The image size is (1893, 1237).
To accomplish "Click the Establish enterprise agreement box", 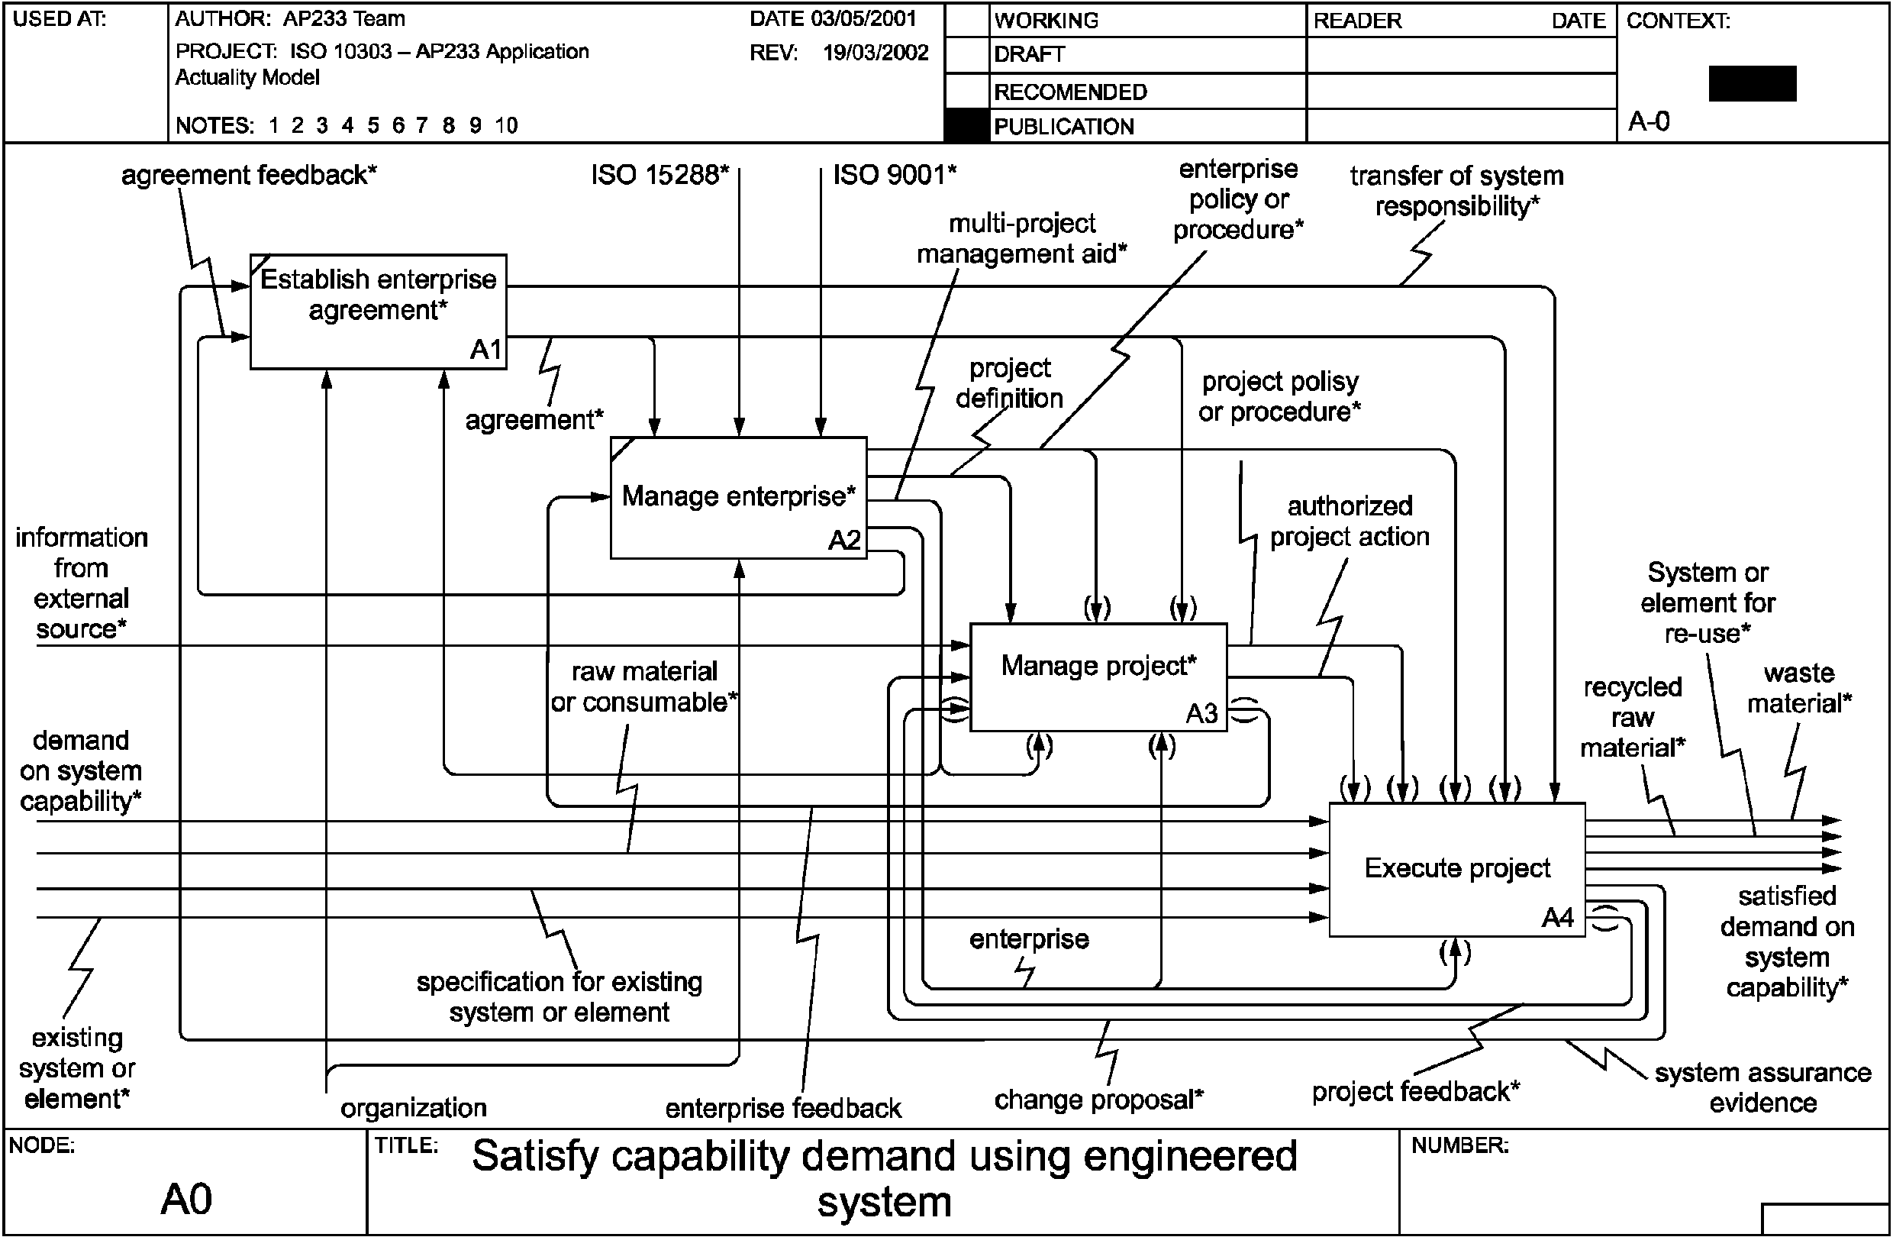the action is click(379, 311).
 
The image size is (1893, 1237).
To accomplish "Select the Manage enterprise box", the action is click(738, 497).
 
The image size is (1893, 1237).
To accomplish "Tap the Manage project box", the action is click(1098, 677).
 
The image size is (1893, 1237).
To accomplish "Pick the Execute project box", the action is click(1457, 870).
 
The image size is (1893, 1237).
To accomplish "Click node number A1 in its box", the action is click(486, 349).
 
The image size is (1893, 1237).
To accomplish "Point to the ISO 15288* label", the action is click(659, 174).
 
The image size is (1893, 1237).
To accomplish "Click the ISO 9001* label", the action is click(895, 174).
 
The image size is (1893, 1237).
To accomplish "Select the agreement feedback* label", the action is click(249, 175).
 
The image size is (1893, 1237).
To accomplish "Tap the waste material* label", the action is click(1799, 688).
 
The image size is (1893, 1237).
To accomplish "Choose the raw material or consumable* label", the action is click(644, 686).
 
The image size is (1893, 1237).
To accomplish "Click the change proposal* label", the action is click(1098, 1100).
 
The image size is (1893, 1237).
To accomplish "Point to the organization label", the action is click(414, 1107).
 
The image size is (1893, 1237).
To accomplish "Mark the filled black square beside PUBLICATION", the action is click(967, 126).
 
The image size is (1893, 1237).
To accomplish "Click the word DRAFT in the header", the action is click(1029, 55).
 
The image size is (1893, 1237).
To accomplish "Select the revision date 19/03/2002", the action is click(876, 53).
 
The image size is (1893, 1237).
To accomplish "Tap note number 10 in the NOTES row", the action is click(506, 125).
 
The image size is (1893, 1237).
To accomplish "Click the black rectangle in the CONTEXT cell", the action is click(1753, 83).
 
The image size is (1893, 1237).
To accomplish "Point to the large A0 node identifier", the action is click(186, 1199).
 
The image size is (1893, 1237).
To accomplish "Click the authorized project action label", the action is click(1350, 521).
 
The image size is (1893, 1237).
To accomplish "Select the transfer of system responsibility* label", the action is click(1457, 191).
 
